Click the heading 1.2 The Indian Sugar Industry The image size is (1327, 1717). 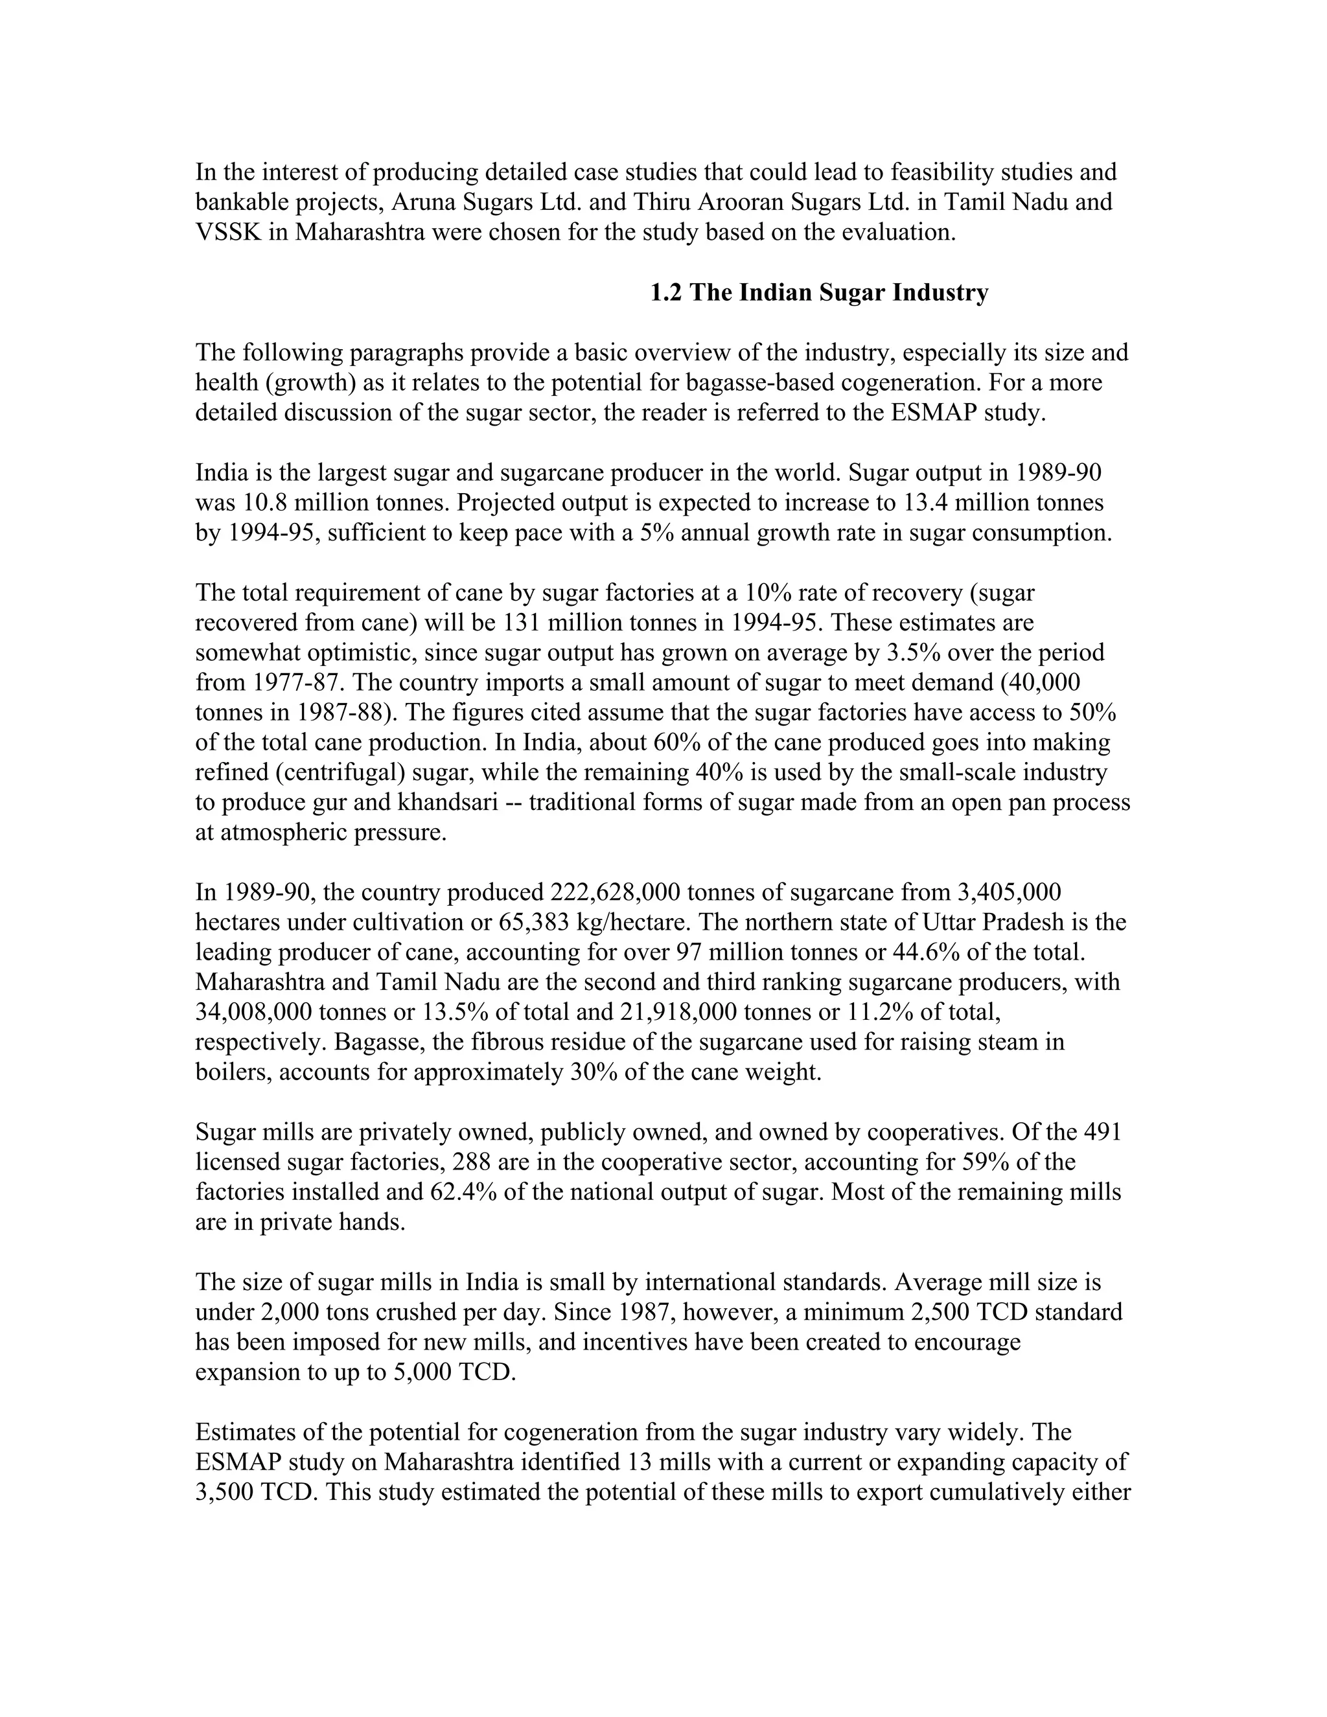tap(819, 294)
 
